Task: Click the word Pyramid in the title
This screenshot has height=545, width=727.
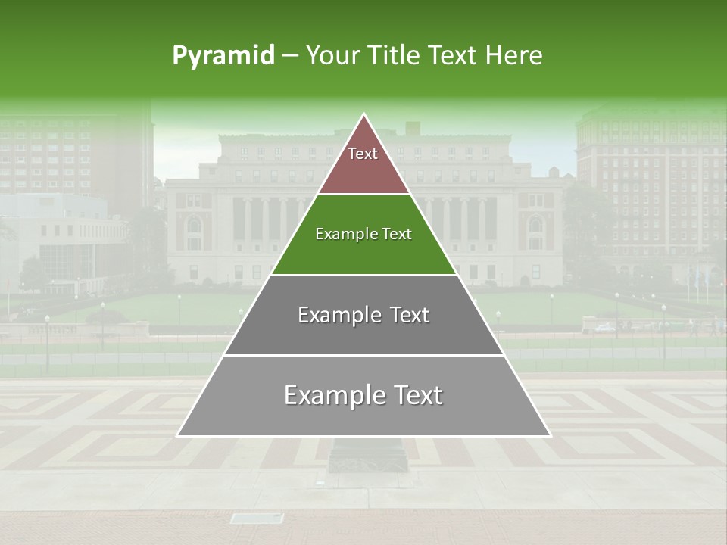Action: click(x=223, y=55)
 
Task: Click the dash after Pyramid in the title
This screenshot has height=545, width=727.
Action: click(x=290, y=56)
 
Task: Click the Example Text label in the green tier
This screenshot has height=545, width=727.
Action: click(x=363, y=234)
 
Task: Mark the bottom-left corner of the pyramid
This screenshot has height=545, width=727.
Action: click(x=178, y=435)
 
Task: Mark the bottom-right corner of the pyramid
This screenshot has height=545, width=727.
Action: click(x=550, y=435)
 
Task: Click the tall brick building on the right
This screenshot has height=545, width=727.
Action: click(x=651, y=189)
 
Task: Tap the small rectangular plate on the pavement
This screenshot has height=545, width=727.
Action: click(x=256, y=519)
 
